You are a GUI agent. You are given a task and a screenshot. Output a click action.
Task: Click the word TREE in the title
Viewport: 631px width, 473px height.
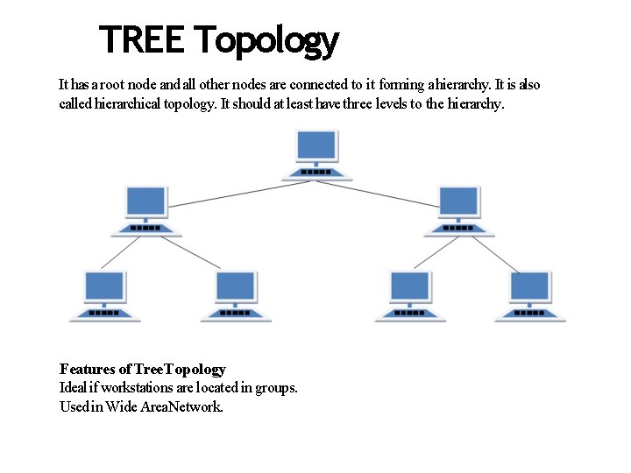click(142, 39)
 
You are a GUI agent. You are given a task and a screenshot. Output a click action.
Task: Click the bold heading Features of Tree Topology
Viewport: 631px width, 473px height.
click(142, 370)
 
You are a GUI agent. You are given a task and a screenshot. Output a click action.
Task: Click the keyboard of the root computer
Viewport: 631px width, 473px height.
click(317, 172)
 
